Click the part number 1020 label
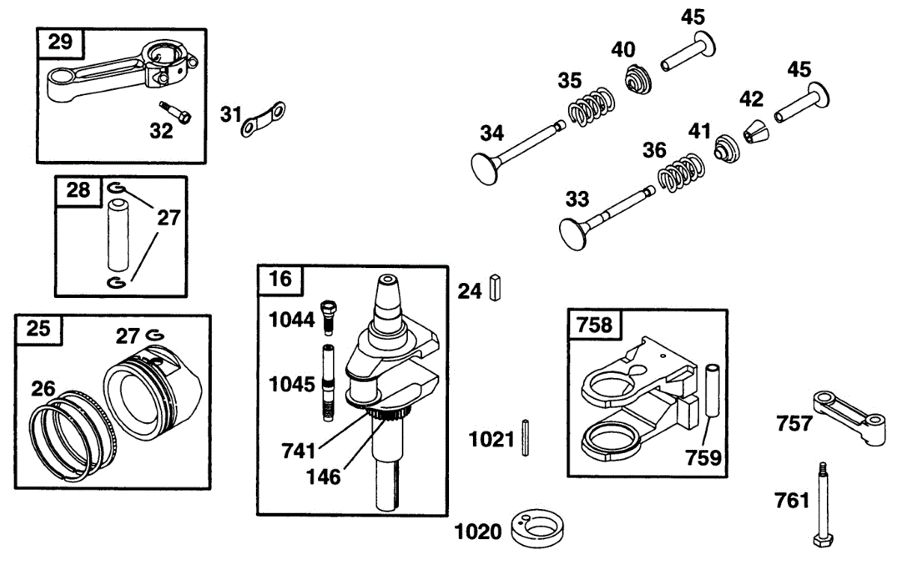(x=478, y=532)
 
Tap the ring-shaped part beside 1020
(x=537, y=529)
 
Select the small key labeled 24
(x=495, y=287)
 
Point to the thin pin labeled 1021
(x=525, y=438)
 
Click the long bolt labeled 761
(x=822, y=504)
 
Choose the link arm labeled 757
(x=849, y=419)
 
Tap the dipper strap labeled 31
(x=263, y=120)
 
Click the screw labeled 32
(x=175, y=112)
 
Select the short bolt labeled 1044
(x=329, y=317)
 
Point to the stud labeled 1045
(x=328, y=383)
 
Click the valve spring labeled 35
(x=591, y=107)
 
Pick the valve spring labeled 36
(x=681, y=172)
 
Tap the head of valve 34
(x=484, y=169)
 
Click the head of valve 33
(x=572, y=235)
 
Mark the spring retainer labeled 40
(x=638, y=79)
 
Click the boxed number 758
(x=594, y=324)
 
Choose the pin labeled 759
(x=712, y=391)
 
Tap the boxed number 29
(x=60, y=42)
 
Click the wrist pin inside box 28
(x=118, y=235)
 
